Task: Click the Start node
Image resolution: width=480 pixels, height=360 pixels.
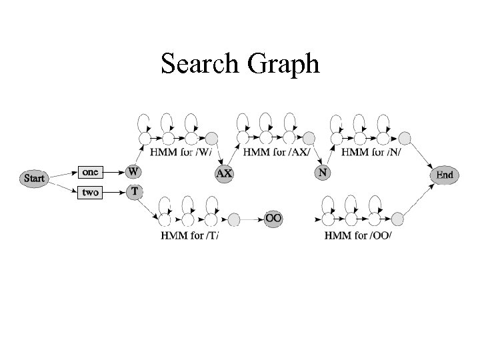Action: pyautogui.click(x=35, y=178)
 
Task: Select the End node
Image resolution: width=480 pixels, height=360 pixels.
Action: pyautogui.click(x=444, y=175)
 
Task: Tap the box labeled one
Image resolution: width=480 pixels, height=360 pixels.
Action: pyautogui.click(x=90, y=172)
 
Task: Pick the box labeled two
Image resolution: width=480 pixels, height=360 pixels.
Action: pyautogui.click(x=90, y=192)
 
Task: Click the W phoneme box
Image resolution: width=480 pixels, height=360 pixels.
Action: pyautogui.click(x=134, y=172)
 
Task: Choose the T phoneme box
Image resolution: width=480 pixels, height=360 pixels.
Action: pyautogui.click(x=134, y=191)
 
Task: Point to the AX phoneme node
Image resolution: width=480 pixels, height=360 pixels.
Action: pyautogui.click(x=224, y=173)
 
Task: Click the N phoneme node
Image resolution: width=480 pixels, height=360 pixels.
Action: pyautogui.click(x=323, y=172)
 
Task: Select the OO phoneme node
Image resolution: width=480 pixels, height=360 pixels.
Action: pyautogui.click(x=273, y=218)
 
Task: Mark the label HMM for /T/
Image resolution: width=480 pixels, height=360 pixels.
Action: pyautogui.click(x=191, y=235)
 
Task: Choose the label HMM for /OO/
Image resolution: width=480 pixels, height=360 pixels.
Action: pyautogui.click(x=357, y=235)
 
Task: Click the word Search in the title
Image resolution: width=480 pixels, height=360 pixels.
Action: pyautogui.click(x=201, y=65)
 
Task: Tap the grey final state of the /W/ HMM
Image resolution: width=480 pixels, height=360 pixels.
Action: pyautogui.click(x=212, y=138)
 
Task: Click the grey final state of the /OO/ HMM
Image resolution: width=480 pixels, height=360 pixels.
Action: pyautogui.click(x=397, y=218)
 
